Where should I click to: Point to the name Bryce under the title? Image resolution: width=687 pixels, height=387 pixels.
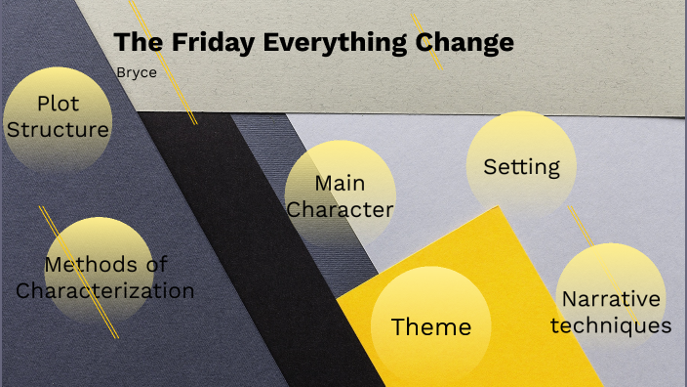136,71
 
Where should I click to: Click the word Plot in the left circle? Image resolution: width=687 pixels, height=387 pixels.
58,104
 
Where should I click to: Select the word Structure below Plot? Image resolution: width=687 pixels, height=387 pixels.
58,128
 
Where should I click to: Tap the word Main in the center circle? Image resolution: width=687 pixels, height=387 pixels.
340,184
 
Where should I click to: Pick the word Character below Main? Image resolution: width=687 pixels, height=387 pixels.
340,209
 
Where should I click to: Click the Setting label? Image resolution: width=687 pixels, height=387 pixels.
522,166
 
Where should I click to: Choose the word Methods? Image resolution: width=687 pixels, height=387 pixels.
94,264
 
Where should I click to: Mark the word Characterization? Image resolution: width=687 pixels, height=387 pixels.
104,290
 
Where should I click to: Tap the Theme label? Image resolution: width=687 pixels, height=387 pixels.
430,326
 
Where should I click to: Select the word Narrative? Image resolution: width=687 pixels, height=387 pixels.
611,299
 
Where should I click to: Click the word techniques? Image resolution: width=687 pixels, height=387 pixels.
611,324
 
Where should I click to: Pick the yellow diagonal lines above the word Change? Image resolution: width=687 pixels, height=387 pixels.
426,39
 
